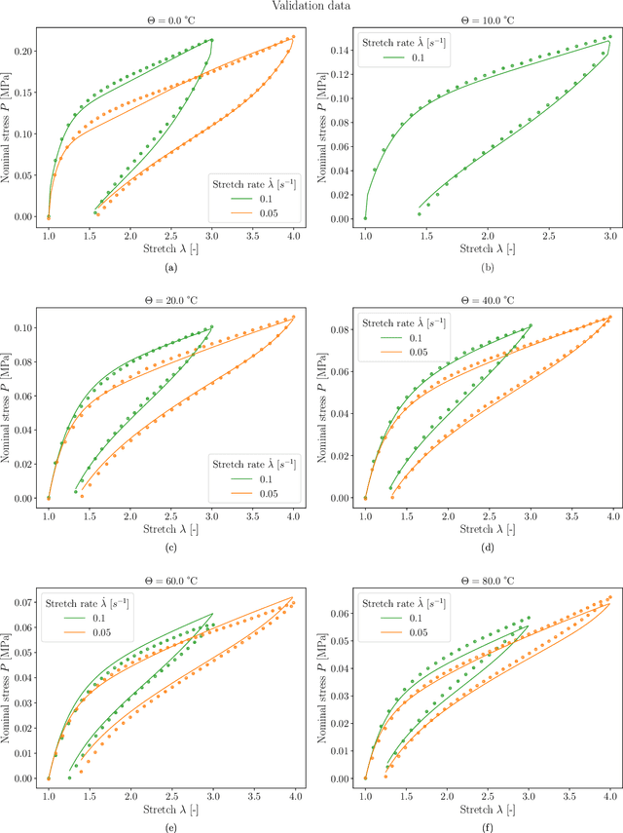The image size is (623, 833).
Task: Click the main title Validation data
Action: pos(311,6)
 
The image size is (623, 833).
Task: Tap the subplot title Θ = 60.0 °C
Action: pos(170,577)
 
